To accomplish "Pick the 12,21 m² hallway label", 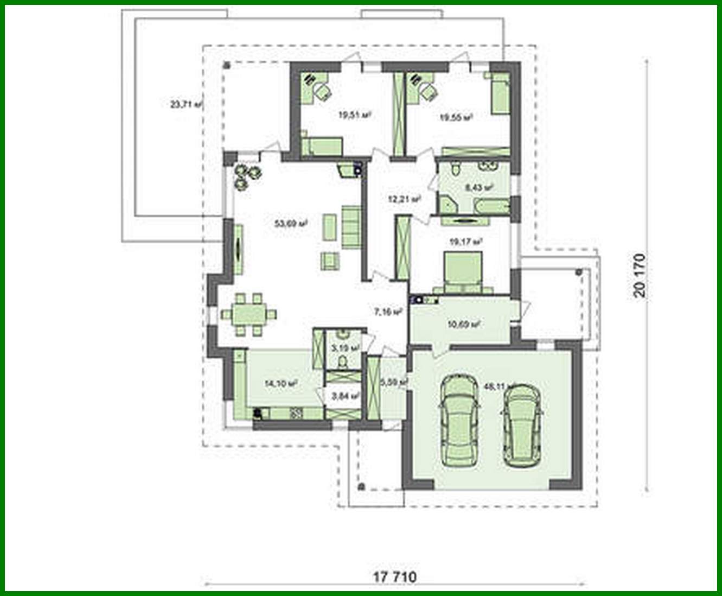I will (x=404, y=199).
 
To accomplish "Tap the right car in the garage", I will (x=522, y=425).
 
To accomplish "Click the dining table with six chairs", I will (x=248, y=314).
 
